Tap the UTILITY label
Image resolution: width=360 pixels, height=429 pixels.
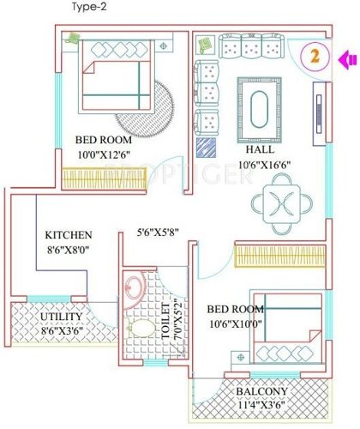[x=39, y=317]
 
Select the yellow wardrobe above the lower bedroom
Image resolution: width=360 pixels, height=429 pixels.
[x=279, y=255]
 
